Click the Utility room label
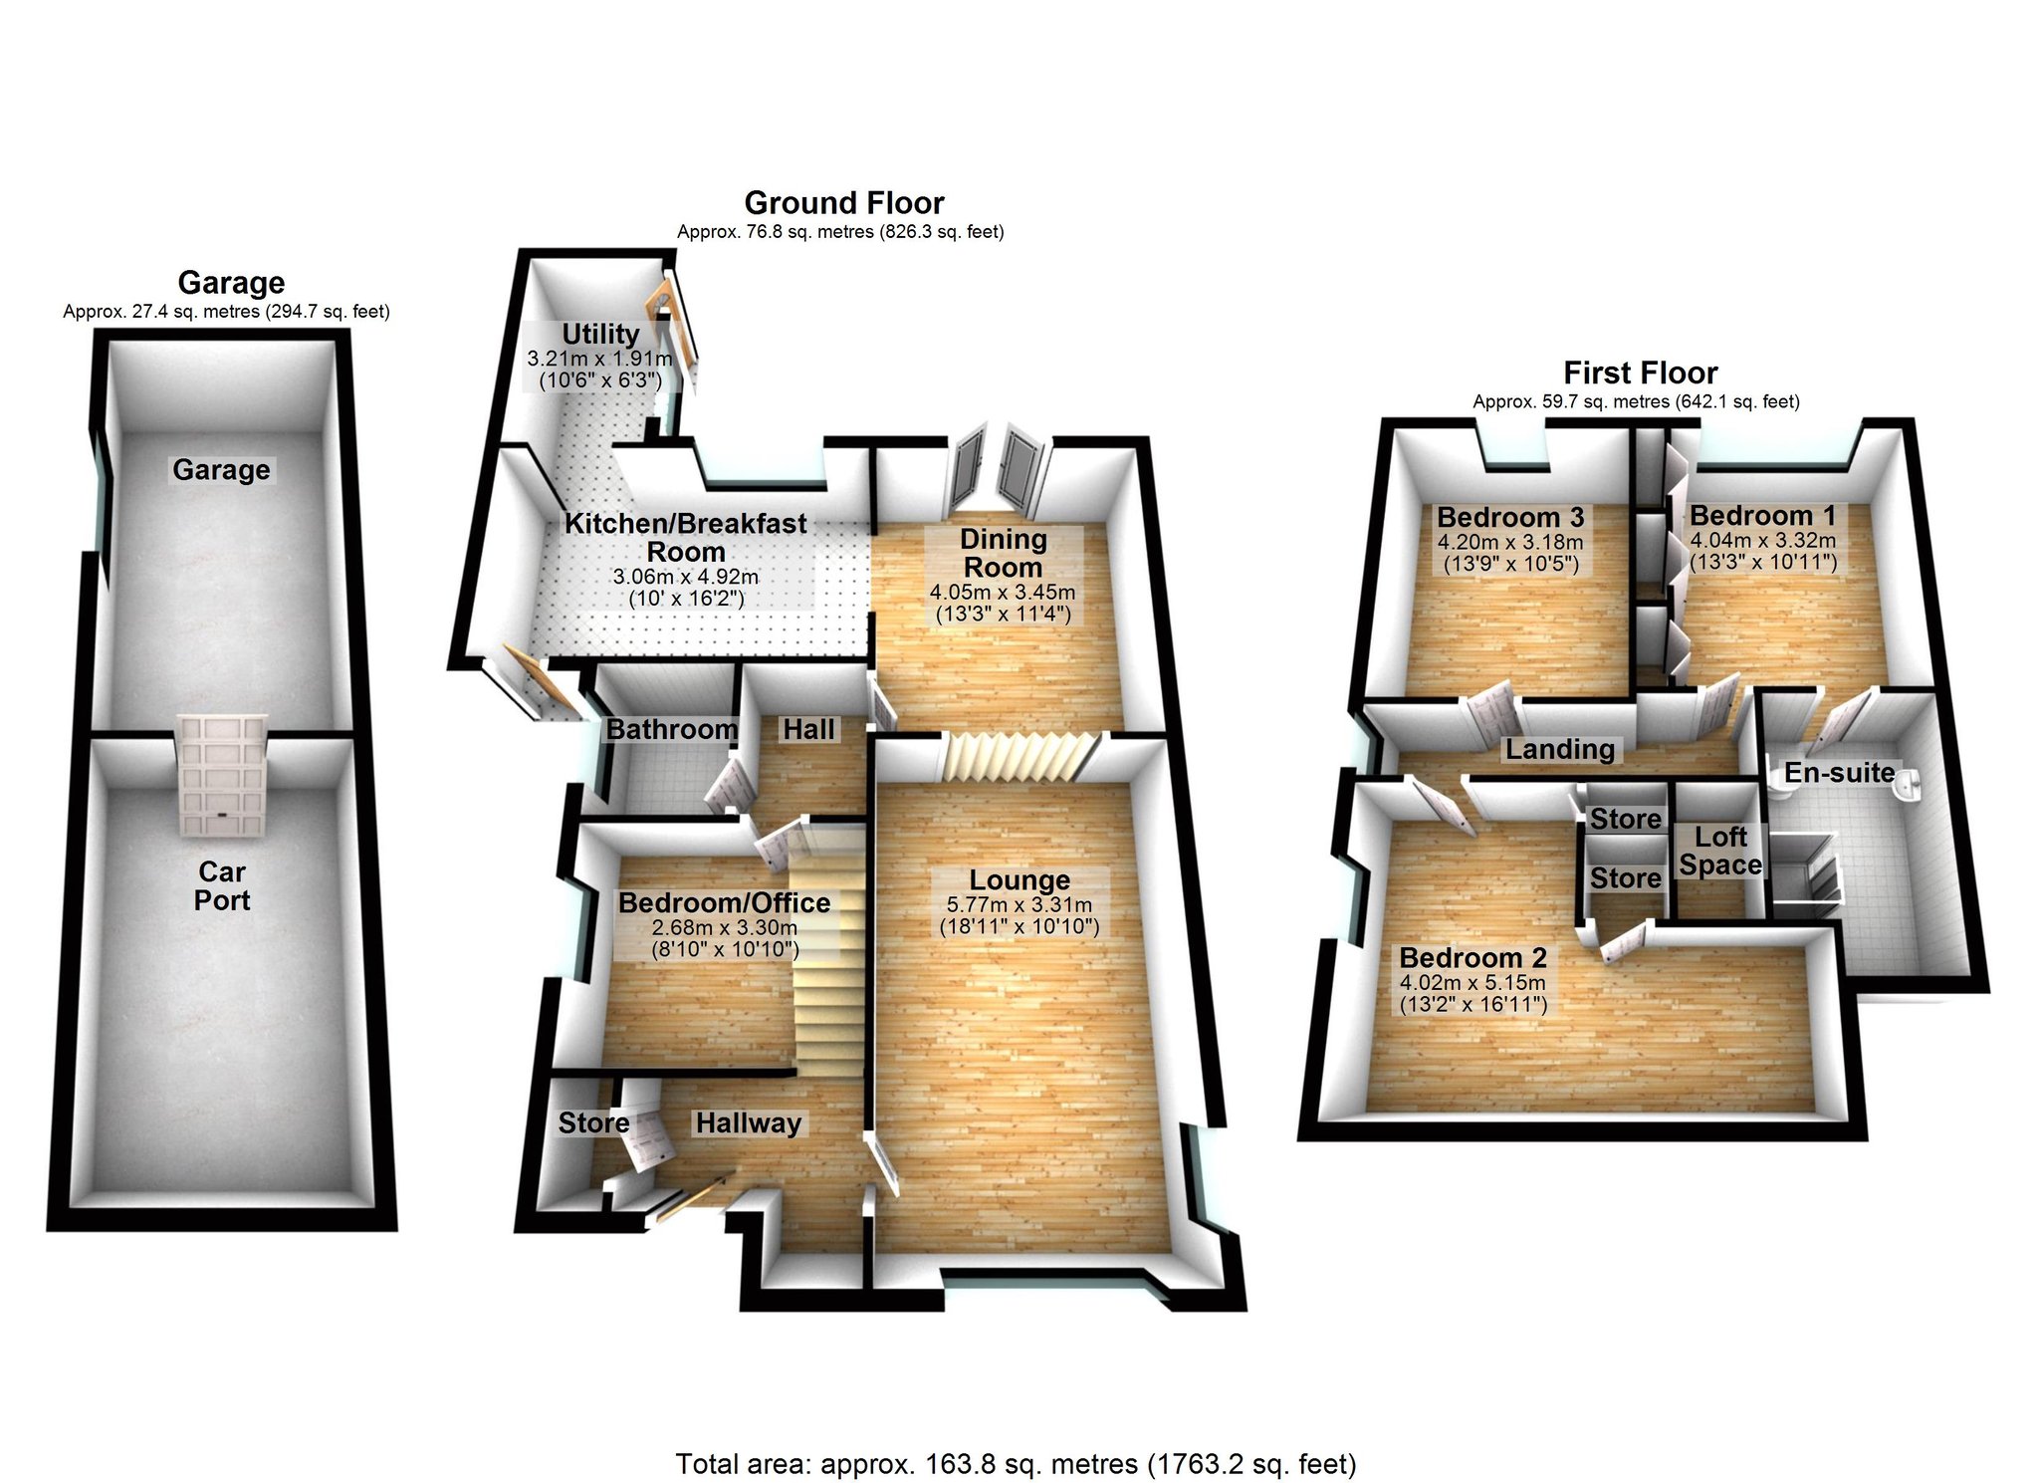click(x=600, y=334)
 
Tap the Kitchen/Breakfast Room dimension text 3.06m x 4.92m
click(x=686, y=577)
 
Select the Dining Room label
click(x=1004, y=553)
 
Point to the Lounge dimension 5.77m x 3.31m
click(x=1019, y=905)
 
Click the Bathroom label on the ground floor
click(x=672, y=729)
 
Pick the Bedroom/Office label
click(x=725, y=902)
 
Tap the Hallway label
click(x=749, y=1122)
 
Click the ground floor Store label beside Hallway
click(x=593, y=1122)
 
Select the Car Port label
click(x=222, y=885)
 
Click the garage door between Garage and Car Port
click(x=223, y=774)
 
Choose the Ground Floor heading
click(x=844, y=203)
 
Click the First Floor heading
click(x=1641, y=372)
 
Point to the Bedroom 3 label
click(x=1510, y=517)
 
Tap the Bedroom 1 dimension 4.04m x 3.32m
click(x=1763, y=541)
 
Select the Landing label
click(x=1560, y=749)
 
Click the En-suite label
click(x=1840, y=772)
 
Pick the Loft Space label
click(x=1721, y=851)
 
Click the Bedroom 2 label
click(x=1473, y=957)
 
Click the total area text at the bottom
click(x=1017, y=1463)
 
